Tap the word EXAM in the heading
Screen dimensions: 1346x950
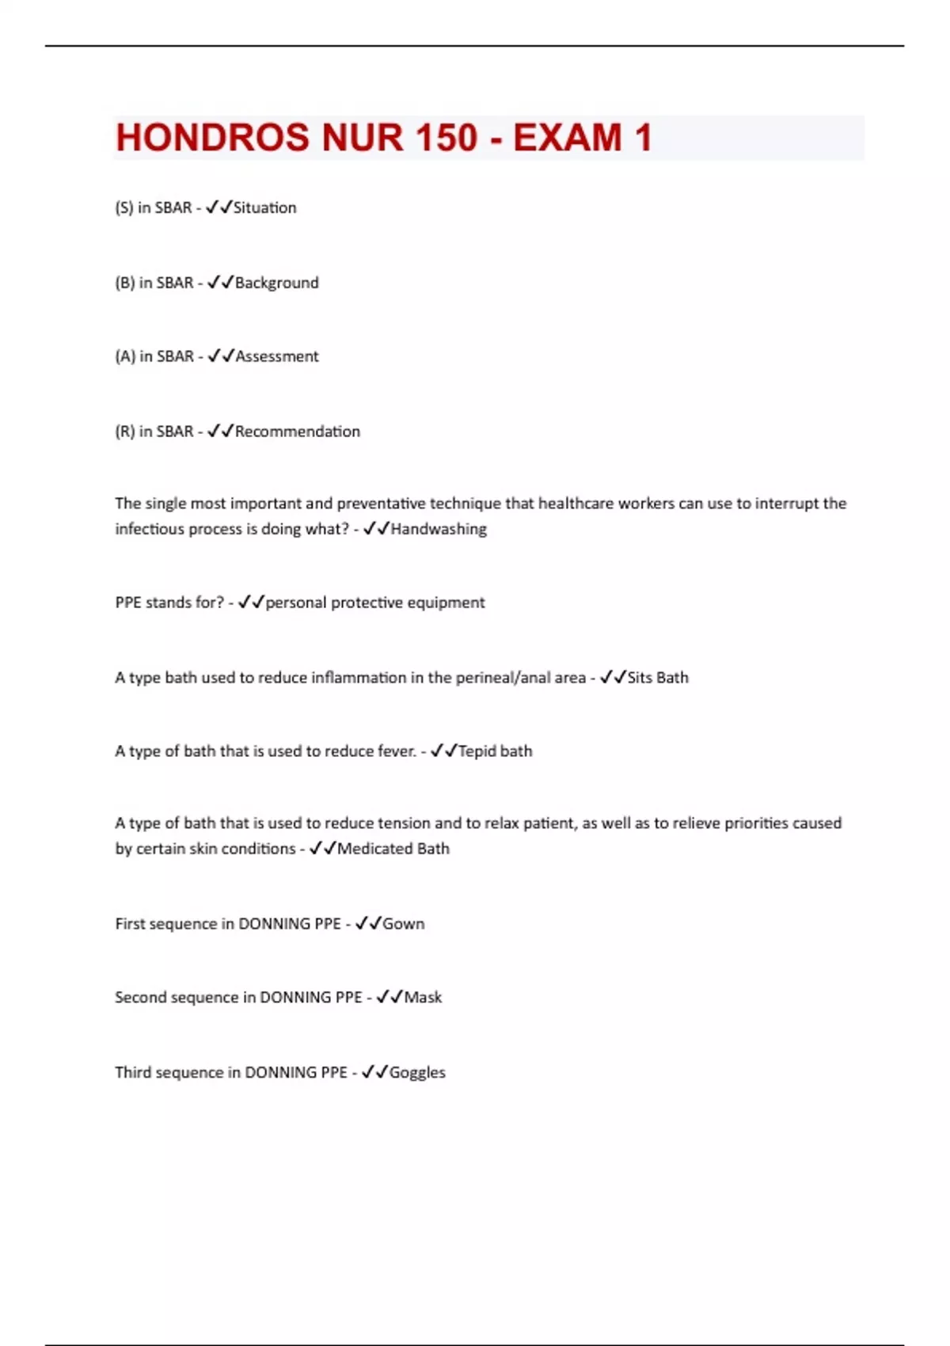568,138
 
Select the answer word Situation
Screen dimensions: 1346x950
265,207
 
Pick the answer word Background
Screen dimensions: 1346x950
277,283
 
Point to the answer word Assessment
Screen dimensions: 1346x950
277,356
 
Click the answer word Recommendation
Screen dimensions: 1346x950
298,432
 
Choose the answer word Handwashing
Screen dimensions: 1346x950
439,529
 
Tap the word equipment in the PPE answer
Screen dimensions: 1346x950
446,603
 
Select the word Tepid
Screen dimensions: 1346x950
477,751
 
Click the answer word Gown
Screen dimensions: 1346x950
404,924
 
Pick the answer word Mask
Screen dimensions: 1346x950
423,998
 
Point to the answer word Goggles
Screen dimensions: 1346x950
417,1073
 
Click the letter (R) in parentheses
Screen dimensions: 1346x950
125,432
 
